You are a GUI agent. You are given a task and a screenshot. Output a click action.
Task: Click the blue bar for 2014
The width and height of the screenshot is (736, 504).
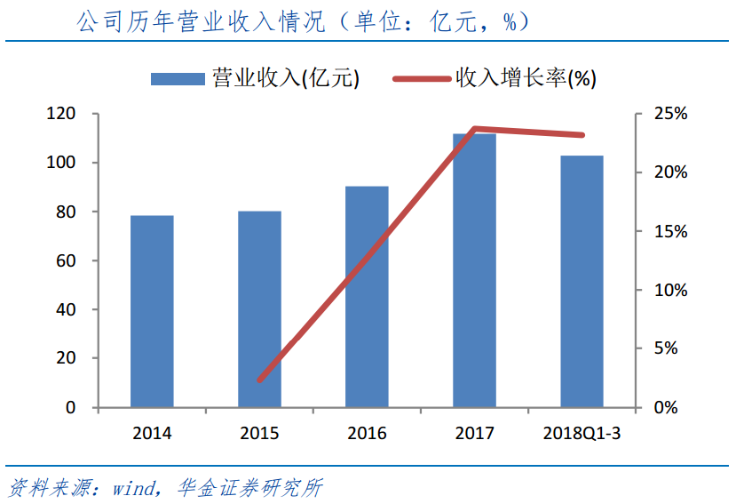pos(152,311)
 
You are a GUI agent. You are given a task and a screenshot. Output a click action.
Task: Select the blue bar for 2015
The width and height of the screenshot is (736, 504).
pos(259,308)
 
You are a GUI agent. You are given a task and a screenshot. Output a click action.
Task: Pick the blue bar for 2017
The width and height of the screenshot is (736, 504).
pos(474,270)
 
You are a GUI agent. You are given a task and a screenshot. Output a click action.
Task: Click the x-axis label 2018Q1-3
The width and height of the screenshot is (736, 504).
pos(582,434)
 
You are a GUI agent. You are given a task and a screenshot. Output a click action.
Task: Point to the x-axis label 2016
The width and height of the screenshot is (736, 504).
pos(367,434)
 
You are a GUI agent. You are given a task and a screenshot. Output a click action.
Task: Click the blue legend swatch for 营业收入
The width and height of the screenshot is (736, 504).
pos(178,79)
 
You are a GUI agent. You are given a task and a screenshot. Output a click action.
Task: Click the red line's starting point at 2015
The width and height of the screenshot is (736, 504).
pos(260,380)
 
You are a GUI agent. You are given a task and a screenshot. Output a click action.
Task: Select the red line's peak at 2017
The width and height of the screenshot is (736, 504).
pos(476,129)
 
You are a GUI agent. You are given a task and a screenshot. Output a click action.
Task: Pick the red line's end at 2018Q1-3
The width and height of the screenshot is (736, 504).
pos(582,135)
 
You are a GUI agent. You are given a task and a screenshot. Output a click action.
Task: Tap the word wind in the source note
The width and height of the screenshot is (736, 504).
pos(134,488)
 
